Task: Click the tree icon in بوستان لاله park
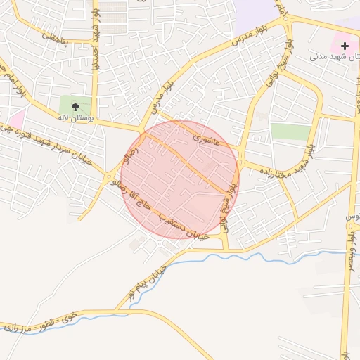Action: tap(75, 107)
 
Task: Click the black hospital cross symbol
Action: tap(345, 46)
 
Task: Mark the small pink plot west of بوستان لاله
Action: tap(16, 118)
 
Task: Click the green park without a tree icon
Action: tap(290, 131)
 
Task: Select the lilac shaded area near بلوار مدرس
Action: tap(256, 11)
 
